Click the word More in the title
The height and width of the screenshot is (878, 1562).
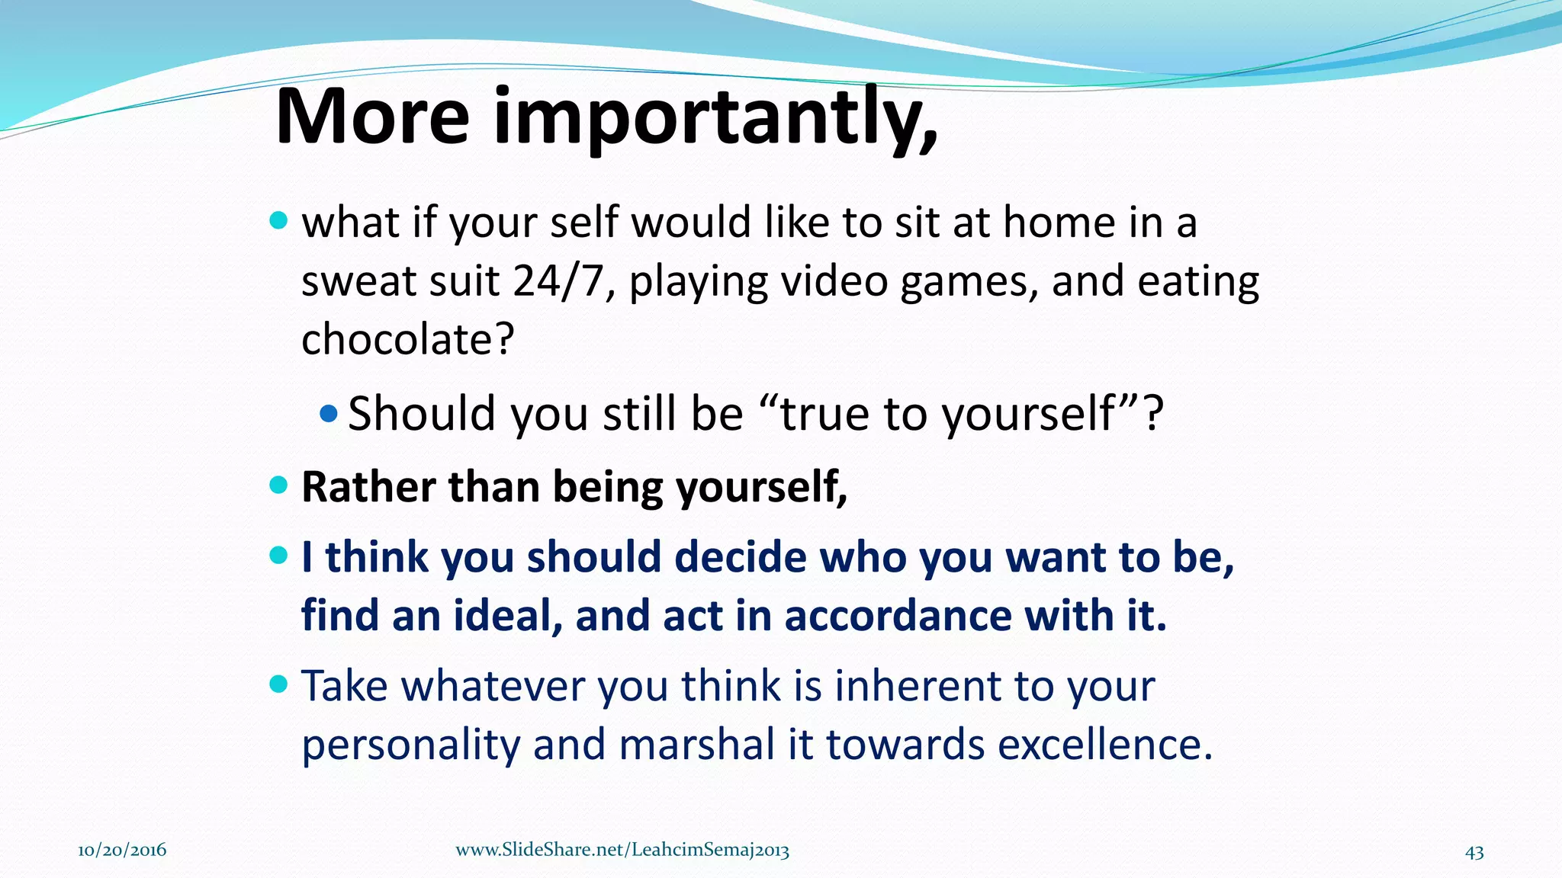[x=372, y=118]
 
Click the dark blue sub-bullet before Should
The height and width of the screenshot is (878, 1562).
[x=329, y=415]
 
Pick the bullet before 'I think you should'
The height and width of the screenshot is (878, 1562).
[x=279, y=556]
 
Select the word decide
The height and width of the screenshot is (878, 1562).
[x=740, y=557]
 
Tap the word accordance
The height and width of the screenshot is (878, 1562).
[x=897, y=616]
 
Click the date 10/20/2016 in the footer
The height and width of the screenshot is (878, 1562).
[x=122, y=851]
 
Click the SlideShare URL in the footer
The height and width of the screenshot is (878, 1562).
[x=622, y=851]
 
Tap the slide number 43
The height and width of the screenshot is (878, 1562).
[x=1474, y=852]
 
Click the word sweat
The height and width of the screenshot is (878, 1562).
[x=358, y=281]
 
